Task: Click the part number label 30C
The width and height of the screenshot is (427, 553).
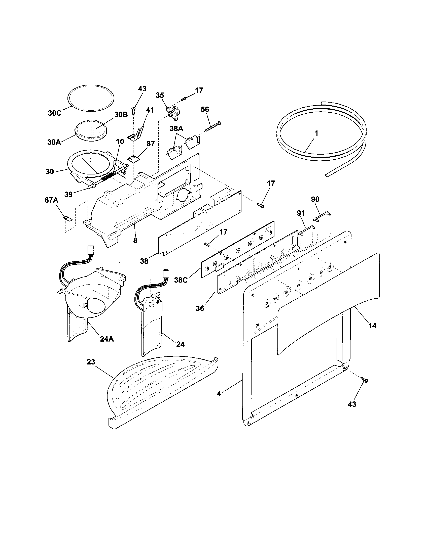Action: click(55, 113)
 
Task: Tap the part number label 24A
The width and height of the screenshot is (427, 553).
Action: click(106, 339)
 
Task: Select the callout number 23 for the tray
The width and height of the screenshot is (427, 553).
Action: click(91, 362)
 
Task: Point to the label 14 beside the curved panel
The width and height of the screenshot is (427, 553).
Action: click(372, 325)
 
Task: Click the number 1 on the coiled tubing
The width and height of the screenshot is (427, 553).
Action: click(316, 133)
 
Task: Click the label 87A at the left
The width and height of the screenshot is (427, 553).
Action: click(52, 200)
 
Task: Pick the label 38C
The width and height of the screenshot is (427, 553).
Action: click(181, 281)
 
